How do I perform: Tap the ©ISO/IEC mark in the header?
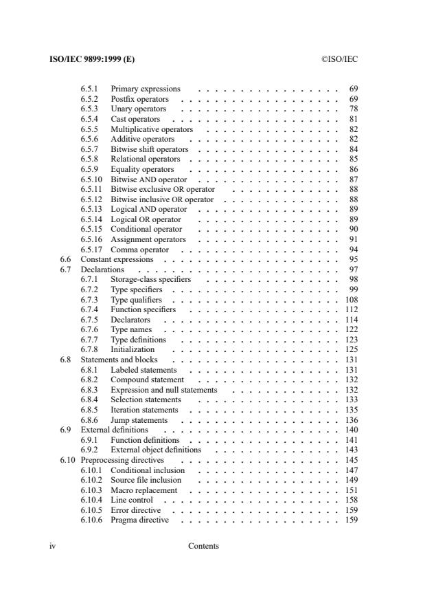point(339,59)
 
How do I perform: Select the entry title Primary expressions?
point(145,89)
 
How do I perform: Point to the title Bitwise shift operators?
point(149,149)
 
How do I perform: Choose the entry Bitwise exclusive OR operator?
point(162,189)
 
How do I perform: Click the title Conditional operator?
point(146,229)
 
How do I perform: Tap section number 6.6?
point(66,259)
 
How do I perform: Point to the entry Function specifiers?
point(143,309)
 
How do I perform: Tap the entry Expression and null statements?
point(163,390)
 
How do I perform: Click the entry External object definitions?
point(156,450)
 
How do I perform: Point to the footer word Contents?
point(203,547)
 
